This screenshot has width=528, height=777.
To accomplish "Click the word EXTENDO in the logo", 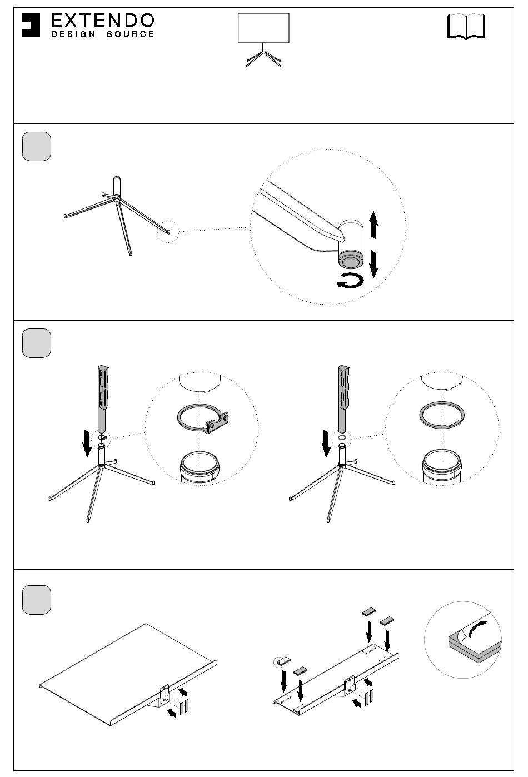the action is (102, 21).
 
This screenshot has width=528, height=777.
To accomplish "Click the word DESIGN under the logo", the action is (73, 34).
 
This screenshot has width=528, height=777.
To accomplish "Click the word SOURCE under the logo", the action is (130, 34).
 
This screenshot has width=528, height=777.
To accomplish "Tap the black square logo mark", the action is (31, 25).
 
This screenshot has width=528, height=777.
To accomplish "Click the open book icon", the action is (466, 26).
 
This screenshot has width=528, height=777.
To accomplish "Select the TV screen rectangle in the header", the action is (263, 28).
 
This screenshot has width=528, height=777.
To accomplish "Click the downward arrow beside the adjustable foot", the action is (373, 265).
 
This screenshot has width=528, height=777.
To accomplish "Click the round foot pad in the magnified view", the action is (350, 261).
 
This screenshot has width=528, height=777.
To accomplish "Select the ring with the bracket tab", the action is (203, 419).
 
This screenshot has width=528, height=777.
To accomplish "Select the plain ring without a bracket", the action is (442, 415).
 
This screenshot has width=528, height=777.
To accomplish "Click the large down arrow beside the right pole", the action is (326, 443).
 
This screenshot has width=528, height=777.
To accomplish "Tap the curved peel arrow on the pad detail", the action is (477, 630).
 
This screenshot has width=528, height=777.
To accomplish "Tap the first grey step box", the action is (37, 146).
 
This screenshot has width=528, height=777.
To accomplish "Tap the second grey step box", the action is (37, 343).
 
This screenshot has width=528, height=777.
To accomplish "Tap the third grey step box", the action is (37, 600).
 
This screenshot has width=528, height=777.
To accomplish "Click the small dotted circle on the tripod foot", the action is (168, 231).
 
